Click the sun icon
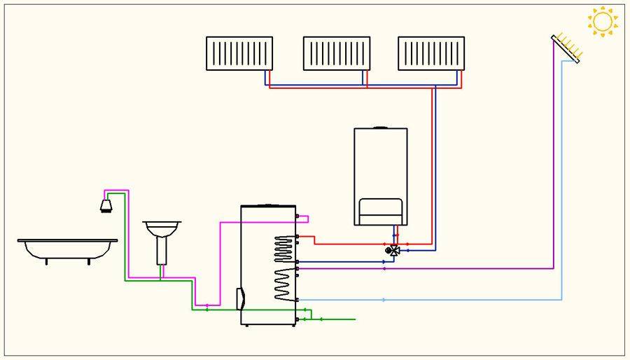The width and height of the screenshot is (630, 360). pyautogui.click(x=603, y=22)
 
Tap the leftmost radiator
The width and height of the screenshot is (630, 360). pyautogui.click(x=239, y=53)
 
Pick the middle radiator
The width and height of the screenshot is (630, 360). pyautogui.click(x=336, y=53)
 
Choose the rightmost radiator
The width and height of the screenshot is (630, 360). pyautogui.click(x=431, y=53)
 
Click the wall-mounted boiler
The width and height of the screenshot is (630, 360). pyautogui.click(x=381, y=175)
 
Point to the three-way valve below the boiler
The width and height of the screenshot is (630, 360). pyautogui.click(x=392, y=249)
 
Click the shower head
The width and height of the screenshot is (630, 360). pyautogui.click(x=107, y=205)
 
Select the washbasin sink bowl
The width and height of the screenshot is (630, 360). pyautogui.click(x=162, y=228)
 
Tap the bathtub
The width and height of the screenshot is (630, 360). pyautogui.click(x=67, y=248)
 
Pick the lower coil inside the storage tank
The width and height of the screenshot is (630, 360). pyautogui.click(x=284, y=284)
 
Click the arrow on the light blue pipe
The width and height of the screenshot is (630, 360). pyautogui.click(x=384, y=300)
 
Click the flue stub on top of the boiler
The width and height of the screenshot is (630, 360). pyautogui.click(x=381, y=127)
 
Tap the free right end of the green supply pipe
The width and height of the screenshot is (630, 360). pyautogui.click(x=355, y=319)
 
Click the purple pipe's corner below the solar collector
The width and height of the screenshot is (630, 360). pyautogui.click(x=554, y=268)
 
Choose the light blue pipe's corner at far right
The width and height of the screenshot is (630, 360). pyautogui.click(x=562, y=300)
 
